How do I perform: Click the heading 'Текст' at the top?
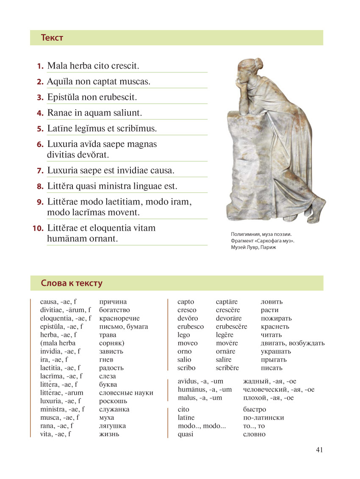pos(52,38)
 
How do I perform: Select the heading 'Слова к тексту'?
pos(72,283)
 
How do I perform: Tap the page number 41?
pos(319,450)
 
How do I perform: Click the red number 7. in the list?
pos(40,171)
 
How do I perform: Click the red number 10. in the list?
pos(38,229)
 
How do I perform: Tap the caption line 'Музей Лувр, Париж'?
pos(253,247)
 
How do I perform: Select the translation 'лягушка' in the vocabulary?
pos(112,426)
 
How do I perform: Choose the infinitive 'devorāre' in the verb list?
pos(229,318)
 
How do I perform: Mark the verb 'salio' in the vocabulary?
pos(184,360)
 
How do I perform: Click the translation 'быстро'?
pos(255,410)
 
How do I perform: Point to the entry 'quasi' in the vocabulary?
pos(186,434)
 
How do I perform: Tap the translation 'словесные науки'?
pos(126,393)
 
